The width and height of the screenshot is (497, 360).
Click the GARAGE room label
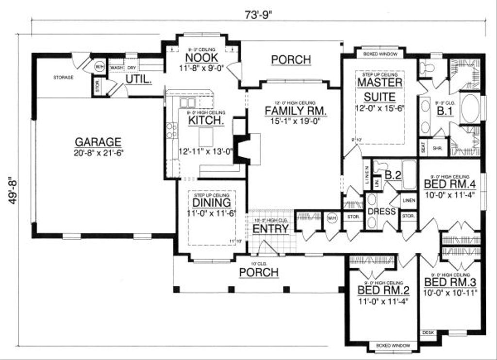[98, 142]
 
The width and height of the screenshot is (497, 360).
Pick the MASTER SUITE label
[380, 89]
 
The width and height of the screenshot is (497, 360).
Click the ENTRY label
[271, 229]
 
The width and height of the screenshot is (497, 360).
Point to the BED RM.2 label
[383, 290]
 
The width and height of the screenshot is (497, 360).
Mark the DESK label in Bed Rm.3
[429, 333]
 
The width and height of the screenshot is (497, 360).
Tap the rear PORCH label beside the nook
[291, 60]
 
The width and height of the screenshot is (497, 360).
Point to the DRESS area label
[382, 212]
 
